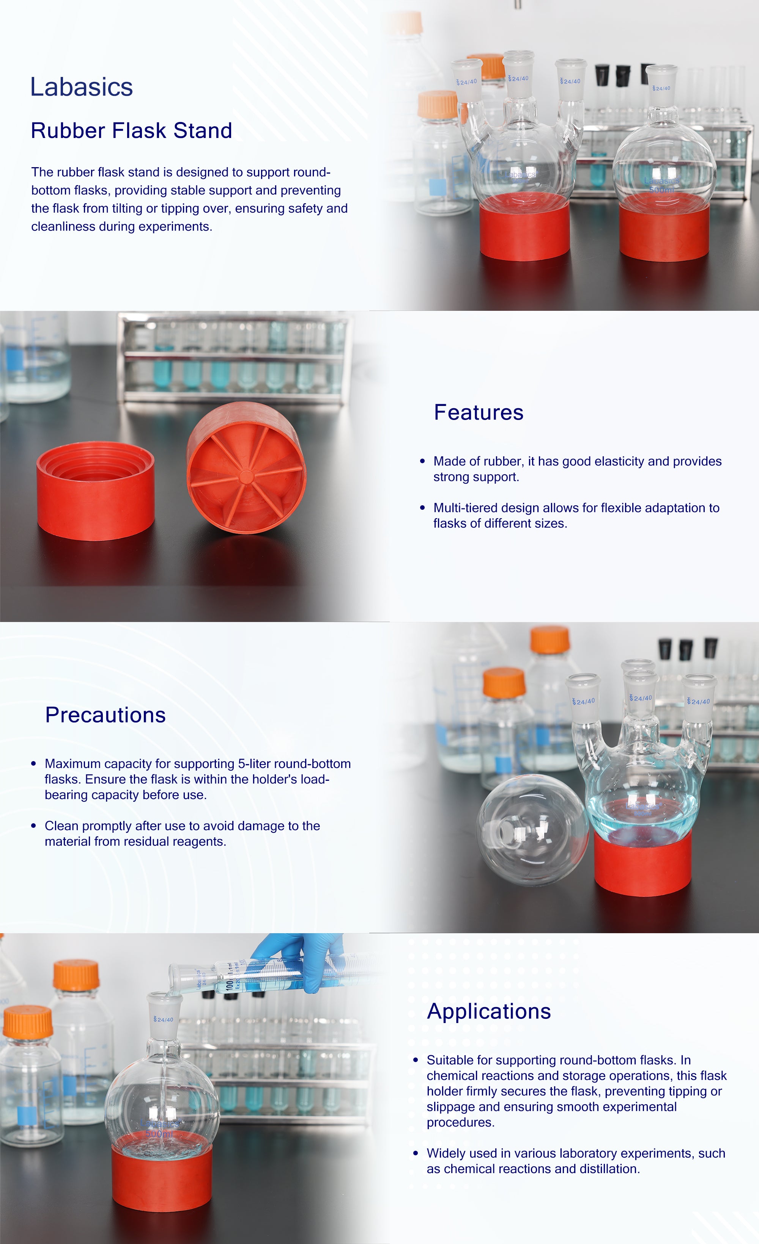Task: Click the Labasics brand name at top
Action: click(81, 87)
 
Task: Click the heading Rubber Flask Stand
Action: click(131, 130)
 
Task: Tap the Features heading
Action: click(479, 412)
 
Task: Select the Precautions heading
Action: click(106, 715)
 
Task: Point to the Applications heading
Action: click(489, 1011)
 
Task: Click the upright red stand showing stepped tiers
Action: click(96, 491)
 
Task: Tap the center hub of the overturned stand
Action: click(246, 476)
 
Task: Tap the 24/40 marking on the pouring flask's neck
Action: click(164, 1020)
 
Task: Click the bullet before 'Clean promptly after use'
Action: click(33, 826)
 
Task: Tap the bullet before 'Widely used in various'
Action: click(416, 1154)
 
